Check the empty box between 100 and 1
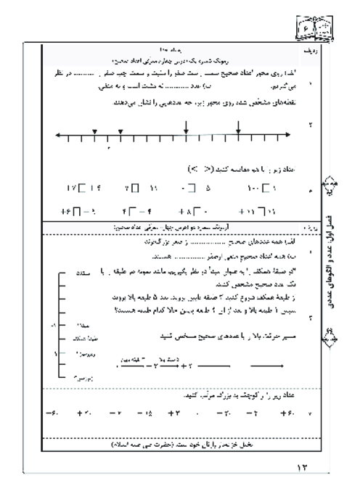[x=264, y=189]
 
